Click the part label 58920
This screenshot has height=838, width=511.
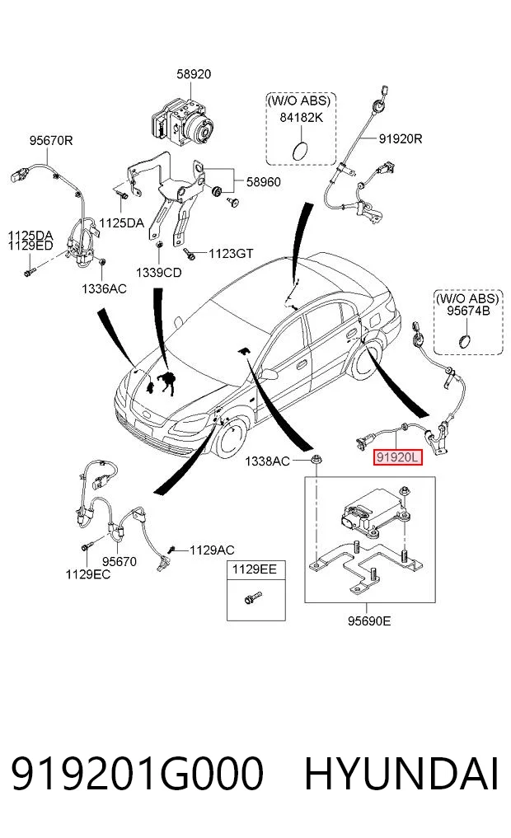[x=194, y=74]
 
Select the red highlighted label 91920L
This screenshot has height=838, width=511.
[x=398, y=457]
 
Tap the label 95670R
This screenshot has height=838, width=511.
[x=51, y=141]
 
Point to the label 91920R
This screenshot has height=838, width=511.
[x=401, y=139]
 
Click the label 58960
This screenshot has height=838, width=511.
[x=264, y=182]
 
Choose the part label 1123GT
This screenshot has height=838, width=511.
[x=231, y=254]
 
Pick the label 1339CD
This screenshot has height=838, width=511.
[x=159, y=273]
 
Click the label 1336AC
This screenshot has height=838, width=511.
[x=104, y=289]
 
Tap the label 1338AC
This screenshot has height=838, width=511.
[x=267, y=461]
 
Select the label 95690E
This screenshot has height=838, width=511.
[x=369, y=621]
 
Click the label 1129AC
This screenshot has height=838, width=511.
[x=212, y=550]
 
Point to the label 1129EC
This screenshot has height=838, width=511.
[x=87, y=574]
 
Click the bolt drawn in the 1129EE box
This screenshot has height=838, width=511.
[x=252, y=597]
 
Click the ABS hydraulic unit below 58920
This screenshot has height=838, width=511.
[x=182, y=123]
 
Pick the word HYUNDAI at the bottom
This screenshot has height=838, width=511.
[x=401, y=774]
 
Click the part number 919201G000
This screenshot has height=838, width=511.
[x=138, y=774]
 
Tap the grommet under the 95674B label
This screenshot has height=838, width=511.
[x=465, y=339]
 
